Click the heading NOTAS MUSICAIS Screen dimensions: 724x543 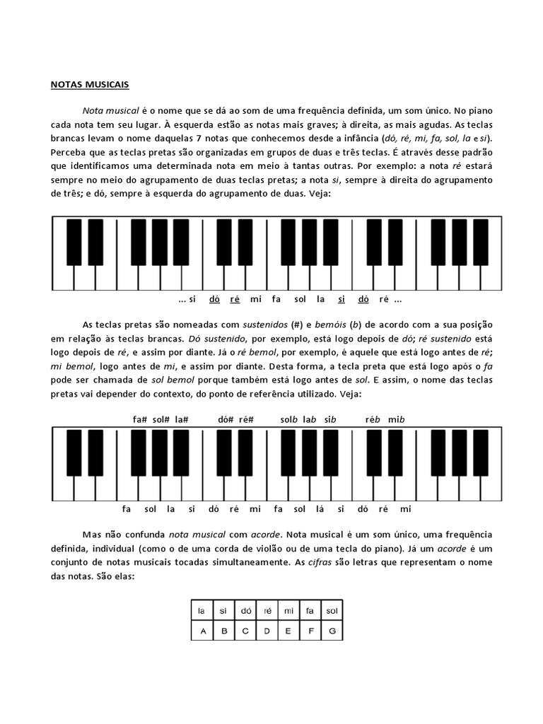89,85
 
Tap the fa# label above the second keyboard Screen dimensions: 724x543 139,419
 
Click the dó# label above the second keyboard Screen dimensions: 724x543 226,419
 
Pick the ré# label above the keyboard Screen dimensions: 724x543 247,419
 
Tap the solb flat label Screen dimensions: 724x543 288,419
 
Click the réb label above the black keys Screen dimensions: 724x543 373,419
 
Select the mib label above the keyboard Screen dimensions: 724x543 396,419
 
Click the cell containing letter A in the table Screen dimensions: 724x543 202,631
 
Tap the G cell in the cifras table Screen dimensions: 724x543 332,631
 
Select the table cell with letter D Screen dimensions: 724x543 267,631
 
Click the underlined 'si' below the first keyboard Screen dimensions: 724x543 341,299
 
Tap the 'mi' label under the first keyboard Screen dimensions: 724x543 256,299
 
